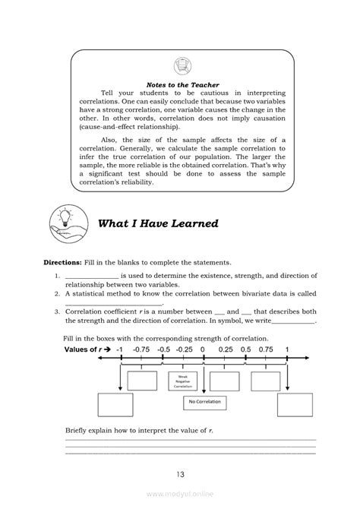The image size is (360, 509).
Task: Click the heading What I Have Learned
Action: (158, 223)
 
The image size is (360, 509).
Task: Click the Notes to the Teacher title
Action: (179, 85)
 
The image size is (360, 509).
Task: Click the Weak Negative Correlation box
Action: (182, 381)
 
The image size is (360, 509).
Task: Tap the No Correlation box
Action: (202, 401)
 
